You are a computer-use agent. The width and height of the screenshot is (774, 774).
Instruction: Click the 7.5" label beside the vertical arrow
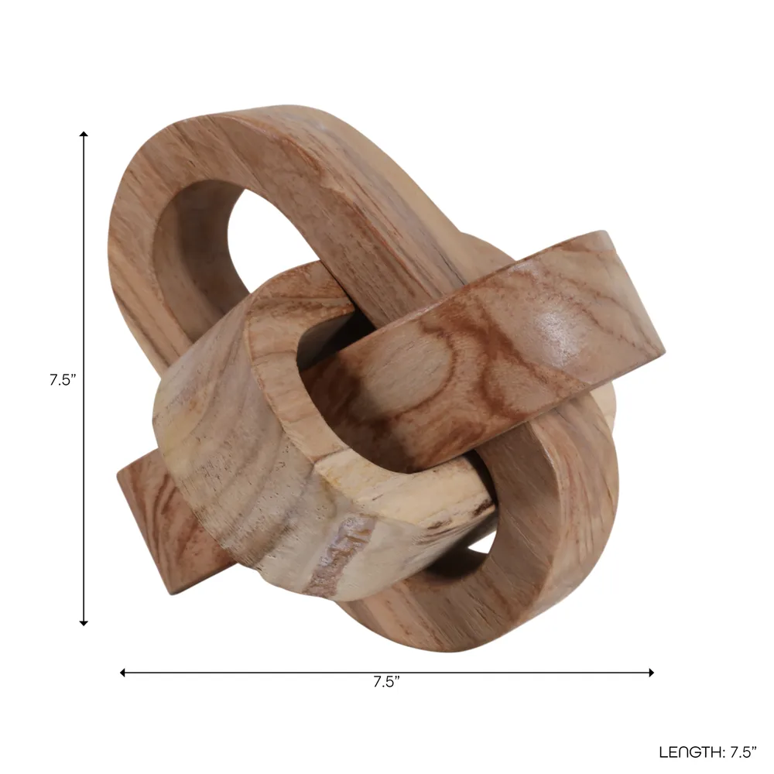[63, 380]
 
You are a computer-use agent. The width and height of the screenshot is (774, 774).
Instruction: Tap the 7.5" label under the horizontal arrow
[386, 682]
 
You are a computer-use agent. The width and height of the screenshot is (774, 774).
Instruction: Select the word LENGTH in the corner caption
[690, 752]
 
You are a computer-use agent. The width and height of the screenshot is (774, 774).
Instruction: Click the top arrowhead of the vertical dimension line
[84, 134]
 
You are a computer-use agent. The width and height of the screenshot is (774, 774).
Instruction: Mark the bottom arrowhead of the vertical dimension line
[84, 623]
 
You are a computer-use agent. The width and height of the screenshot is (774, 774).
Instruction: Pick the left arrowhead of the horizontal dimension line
[122, 673]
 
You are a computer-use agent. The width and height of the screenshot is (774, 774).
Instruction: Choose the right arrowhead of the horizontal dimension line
[652, 673]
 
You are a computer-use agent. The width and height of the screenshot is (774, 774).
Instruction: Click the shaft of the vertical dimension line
[84, 378]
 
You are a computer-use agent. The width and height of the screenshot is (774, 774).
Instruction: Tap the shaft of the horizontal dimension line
[387, 673]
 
